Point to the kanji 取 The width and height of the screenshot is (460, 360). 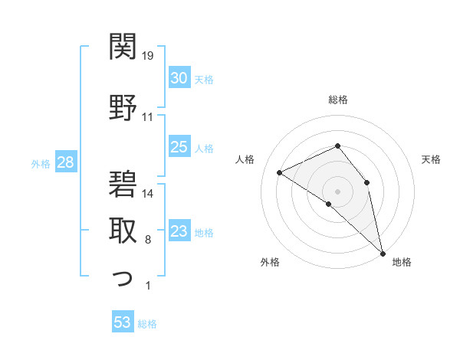122,229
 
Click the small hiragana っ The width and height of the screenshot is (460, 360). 122,279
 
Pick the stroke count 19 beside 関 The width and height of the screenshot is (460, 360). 148,55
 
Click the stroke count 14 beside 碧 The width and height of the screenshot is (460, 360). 148,194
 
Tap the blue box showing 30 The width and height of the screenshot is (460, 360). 179,78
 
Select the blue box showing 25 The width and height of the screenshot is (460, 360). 179,148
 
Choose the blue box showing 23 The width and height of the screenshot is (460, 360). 179,231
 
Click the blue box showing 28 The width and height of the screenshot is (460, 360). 65,162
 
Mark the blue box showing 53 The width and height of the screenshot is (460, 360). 123,322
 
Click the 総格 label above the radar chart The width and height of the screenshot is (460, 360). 337,100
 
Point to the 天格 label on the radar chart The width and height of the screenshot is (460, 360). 431,159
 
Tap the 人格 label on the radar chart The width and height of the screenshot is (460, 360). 245,159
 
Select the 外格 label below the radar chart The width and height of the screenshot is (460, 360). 270,263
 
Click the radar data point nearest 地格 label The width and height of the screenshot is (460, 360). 383,253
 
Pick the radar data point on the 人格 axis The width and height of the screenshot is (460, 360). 280,172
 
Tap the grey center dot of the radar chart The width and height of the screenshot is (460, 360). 337,191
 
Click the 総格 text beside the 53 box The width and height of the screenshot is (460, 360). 148,324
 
